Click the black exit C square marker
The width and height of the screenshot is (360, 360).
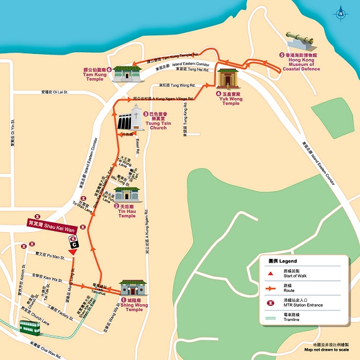74,245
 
